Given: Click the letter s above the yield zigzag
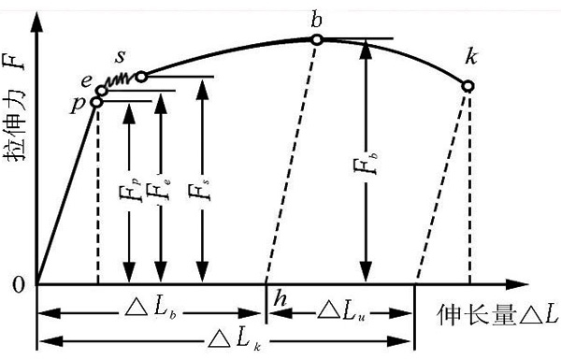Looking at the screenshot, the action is (x=121, y=57).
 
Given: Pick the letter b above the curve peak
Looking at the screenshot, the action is (x=316, y=19).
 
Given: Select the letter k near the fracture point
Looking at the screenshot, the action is (x=471, y=56).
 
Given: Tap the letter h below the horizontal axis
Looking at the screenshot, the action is (x=280, y=298).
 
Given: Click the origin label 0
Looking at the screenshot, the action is (x=19, y=284).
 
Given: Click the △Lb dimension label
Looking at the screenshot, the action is (x=151, y=310).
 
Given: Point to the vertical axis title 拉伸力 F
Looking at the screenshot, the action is (x=15, y=108).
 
